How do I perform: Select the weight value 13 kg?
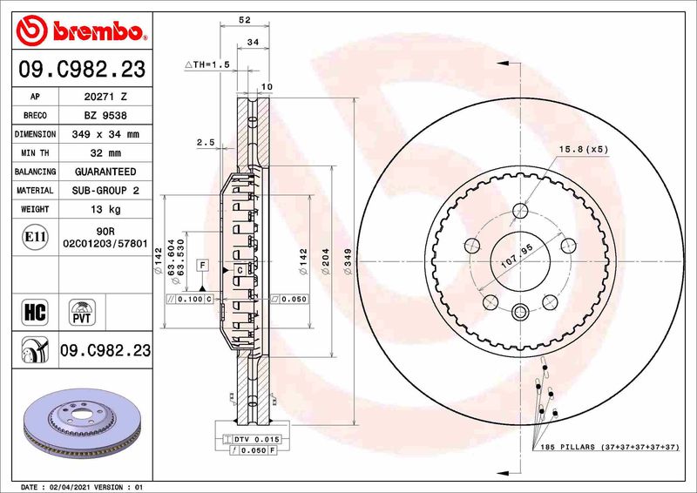(x=105, y=210)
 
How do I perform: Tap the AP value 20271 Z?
(x=105, y=96)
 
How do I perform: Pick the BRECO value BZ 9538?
(x=105, y=115)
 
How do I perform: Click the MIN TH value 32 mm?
(x=105, y=153)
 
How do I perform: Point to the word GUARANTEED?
(x=105, y=172)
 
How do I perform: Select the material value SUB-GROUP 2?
(x=105, y=191)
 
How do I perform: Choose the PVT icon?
(x=84, y=312)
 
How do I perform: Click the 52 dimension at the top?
(x=244, y=19)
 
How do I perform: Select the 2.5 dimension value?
(x=206, y=142)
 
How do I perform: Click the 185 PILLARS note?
(x=605, y=447)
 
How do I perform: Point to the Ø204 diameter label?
(x=324, y=262)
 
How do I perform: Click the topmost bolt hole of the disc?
(x=521, y=210)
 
